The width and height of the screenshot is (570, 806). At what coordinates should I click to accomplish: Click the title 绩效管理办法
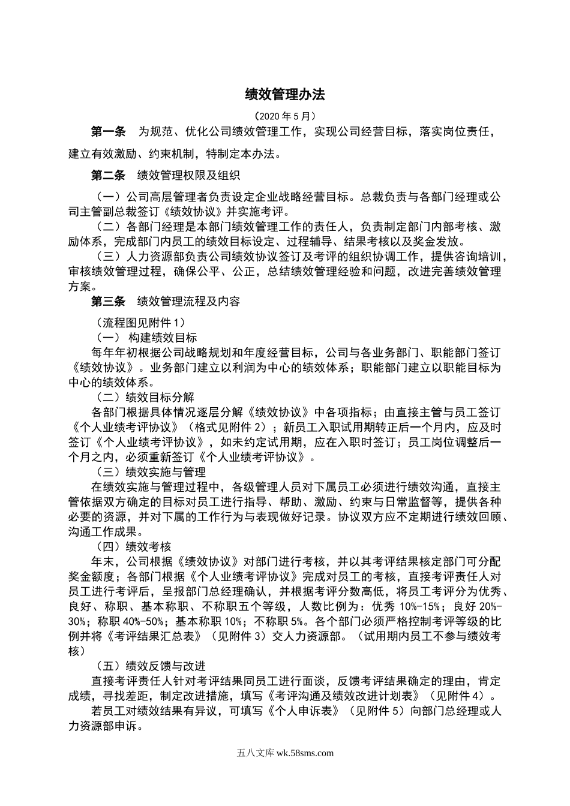(284, 94)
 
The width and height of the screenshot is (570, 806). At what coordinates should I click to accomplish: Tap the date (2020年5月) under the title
(284, 116)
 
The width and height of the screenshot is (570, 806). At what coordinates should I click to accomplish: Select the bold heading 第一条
(108, 131)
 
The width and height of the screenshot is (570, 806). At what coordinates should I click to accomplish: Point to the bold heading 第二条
(108, 176)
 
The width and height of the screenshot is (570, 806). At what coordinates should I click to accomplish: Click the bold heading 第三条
(108, 302)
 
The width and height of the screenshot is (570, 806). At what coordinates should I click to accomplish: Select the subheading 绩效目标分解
(159, 398)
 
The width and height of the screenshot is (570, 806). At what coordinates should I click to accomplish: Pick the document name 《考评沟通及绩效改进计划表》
(343, 696)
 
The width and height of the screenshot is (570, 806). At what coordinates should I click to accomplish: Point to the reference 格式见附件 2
(229, 428)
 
